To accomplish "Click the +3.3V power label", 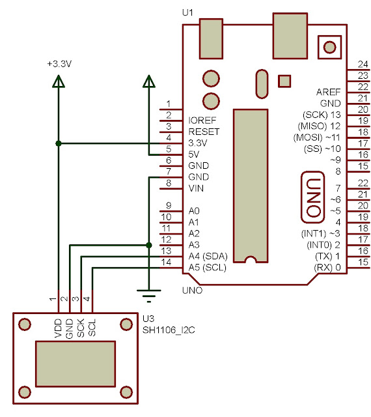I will (58, 64).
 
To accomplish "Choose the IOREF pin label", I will (202, 121).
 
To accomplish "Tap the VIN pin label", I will (196, 188).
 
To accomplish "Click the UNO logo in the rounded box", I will (313, 196).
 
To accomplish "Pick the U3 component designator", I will (148, 319).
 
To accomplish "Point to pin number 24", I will (363, 64).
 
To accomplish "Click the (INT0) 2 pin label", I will (323, 244).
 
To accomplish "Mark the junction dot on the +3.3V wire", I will (59, 143).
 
